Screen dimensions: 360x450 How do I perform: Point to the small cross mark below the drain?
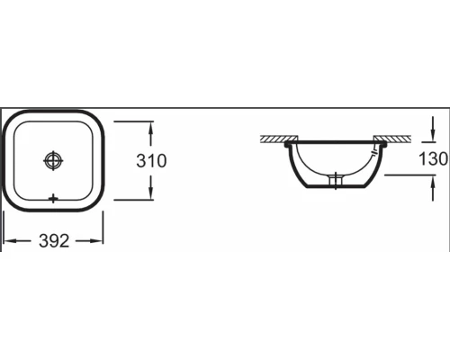coord(54,196)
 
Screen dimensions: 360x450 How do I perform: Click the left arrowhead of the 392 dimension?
coord(7,240)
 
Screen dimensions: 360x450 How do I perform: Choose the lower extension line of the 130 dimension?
coord(409,173)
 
